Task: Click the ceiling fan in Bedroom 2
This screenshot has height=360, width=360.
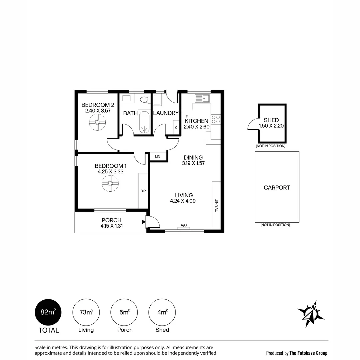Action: tap(97, 122)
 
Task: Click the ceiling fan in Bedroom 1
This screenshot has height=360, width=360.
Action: tap(110, 183)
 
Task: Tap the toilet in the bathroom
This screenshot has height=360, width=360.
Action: tap(145, 100)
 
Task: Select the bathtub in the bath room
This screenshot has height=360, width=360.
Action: tap(144, 122)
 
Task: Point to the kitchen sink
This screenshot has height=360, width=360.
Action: tap(202, 98)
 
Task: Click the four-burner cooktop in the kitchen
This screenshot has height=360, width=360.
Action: tap(216, 119)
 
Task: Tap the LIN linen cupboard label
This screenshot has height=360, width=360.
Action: tap(158, 157)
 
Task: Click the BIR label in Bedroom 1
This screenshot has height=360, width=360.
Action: tap(143, 191)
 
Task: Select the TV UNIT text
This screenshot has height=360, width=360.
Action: tap(217, 206)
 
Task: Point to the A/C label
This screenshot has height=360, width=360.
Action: tap(184, 225)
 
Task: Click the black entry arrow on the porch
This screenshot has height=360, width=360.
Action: tap(144, 222)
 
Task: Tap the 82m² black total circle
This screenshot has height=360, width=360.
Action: tap(48, 312)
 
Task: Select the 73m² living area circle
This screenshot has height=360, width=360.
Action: tap(86, 312)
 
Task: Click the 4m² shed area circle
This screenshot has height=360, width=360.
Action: tap(162, 312)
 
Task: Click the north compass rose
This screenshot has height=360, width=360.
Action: tap(311, 314)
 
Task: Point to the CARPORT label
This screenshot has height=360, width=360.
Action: tap(277, 188)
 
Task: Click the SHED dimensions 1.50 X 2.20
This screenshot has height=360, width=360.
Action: tap(271, 126)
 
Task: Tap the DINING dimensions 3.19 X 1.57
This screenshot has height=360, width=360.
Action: tap(193, 163)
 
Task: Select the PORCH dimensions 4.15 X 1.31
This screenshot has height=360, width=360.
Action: tap(112, 226)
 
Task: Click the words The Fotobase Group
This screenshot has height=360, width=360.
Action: tap(308, 353)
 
